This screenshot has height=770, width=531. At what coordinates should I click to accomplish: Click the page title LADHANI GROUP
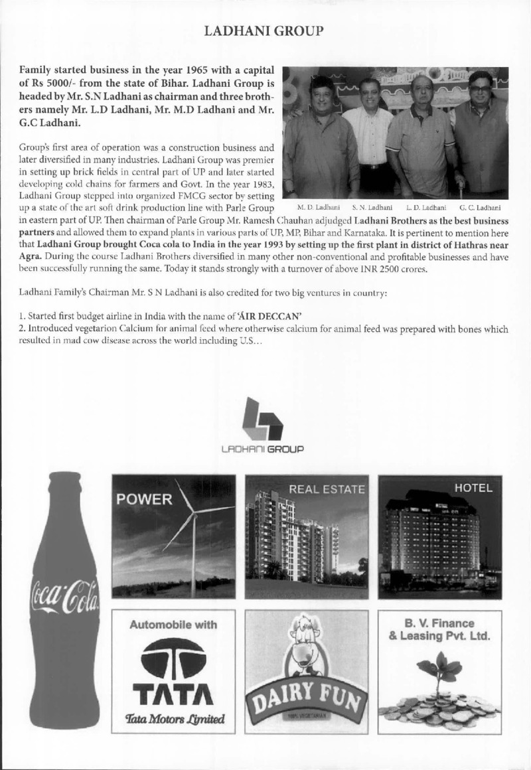(x=264, y=31)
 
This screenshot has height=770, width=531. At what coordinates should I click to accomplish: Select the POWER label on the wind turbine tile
(x=145, y=499)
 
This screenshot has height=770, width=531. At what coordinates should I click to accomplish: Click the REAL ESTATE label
(x=327, y=490)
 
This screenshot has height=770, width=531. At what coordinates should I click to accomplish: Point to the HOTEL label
(x=473, y=489)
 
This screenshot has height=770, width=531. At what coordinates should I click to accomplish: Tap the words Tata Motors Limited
(x=173, y=718)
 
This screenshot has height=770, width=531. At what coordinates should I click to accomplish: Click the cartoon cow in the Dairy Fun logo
(x=306, y=644)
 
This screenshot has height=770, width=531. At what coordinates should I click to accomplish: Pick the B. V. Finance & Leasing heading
(x=440, y=630)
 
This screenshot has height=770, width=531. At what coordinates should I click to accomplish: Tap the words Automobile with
(x=173, y=625)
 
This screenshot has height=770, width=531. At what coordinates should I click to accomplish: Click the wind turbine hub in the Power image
(x=192, y=512)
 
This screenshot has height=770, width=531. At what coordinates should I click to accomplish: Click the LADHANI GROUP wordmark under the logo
(x=264, y=449)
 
